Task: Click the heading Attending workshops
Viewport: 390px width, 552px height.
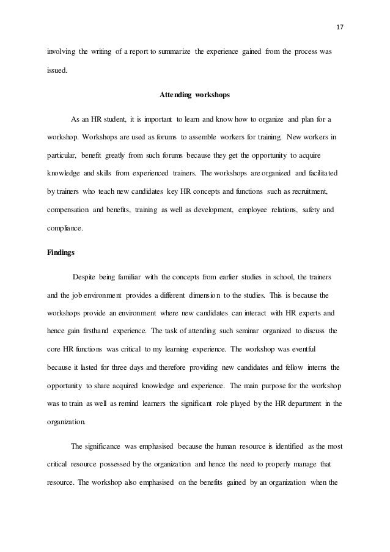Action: [194, 95]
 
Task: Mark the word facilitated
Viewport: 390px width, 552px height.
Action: [322, 174]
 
